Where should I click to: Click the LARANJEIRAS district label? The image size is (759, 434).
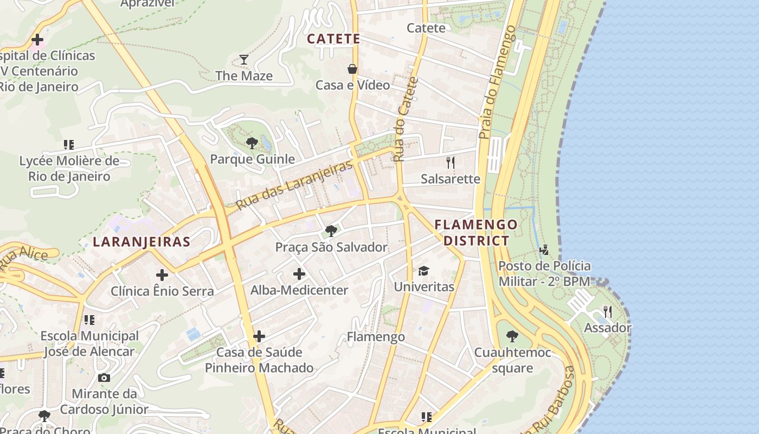(x=141, y=242)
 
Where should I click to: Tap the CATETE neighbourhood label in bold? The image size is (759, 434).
(x=333, y=39)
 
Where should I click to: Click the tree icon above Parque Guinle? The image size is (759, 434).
(x=252, y=143)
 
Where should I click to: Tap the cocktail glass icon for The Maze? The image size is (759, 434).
(x=244, y=59)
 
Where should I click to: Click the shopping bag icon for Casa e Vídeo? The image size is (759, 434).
(x=352, y=69)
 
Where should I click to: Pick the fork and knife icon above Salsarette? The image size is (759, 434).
(x=450, y=162)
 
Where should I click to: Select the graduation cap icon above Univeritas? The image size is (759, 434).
(x=423, y=270)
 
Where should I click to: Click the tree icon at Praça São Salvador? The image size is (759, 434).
(x=331, y=231)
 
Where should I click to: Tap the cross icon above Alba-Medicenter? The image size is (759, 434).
(x=299, y=274)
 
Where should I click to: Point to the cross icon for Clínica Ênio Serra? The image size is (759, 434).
(x=162, y=275)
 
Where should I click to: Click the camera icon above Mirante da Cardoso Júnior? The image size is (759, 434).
(x=104, y=378)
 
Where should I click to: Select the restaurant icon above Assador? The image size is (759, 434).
(x=608, y=312)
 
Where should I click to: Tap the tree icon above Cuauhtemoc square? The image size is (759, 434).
(x=512, y=336)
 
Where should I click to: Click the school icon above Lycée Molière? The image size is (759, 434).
(x=69, y=145)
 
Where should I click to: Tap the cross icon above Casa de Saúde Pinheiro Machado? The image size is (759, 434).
(x=259, y=337)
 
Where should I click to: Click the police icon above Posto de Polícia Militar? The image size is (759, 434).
(x=544, y=250)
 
